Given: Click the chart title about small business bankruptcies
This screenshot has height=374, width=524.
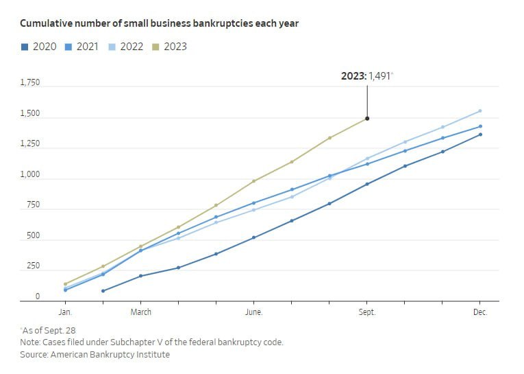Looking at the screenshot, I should click(x=159, y=23).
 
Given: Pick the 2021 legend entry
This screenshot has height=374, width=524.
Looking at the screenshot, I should click(x=81, y=47).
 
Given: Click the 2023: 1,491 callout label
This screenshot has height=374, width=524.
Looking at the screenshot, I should click(x=366, y=76).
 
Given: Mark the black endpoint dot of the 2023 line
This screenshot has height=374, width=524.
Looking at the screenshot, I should click(x=367, y=119).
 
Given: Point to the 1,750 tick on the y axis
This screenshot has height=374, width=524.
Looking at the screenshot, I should click(x=29, y=82).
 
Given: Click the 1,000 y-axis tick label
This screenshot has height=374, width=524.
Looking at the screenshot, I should click(x=29, y=175).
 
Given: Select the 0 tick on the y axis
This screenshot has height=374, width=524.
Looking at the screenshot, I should click(x=37, y=296).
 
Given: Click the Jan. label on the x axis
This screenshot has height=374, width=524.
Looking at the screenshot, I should click(x=65, y=312).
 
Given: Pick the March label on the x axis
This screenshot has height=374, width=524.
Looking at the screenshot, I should click(x=140, y=312).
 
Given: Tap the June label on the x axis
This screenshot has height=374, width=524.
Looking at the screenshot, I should click(x=253, y=312).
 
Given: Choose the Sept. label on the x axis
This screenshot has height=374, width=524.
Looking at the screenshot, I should click(x=366, y=312).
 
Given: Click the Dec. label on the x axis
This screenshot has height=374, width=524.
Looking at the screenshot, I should click(x=480, y=312).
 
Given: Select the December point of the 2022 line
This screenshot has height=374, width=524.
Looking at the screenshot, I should click(x=480, y=110).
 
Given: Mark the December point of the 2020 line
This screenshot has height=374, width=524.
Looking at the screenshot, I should click(x=480, y=134).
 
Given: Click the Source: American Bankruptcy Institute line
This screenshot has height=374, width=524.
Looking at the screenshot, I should click(x=95, y=355).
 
